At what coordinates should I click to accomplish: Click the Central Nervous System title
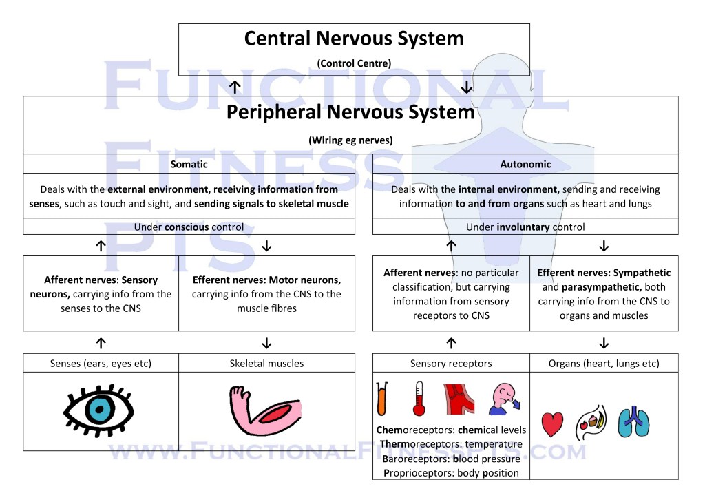click(x=354, y=39)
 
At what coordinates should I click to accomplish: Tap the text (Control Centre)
click(x=354, y=63)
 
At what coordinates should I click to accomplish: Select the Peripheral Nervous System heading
click(x=350, y=112)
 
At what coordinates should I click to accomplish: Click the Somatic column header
click(x=189, y=165)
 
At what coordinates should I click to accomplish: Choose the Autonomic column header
click(x=525, y=165)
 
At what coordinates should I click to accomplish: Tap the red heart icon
click(x=552, y=424)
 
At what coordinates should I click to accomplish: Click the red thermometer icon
click(x=419, y=399)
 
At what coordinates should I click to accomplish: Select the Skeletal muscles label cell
click(x=266, y=363)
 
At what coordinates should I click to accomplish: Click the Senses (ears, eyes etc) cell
click(x=101, y=363)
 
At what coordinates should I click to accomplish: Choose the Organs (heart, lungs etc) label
click(x=603, y=363)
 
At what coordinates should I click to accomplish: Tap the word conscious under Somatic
click(x=189, y=227)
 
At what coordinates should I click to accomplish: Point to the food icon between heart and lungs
click(x=591, y=422)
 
